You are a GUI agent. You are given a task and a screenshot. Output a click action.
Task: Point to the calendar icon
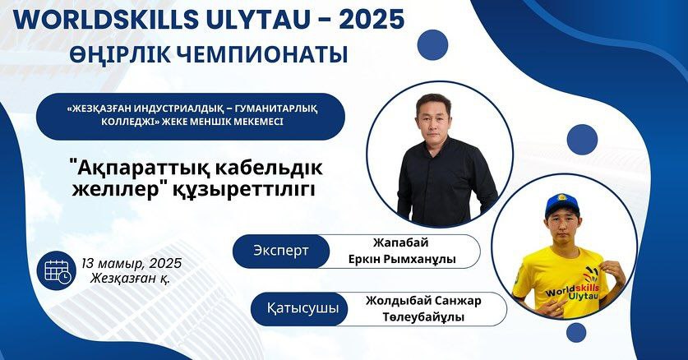pyautogui.click(x=57, y=270)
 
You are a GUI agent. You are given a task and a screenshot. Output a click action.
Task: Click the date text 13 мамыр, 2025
pyautogui.click(x=132, y=264)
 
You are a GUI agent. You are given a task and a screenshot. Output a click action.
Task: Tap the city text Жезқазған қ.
pyautogui.click(x=130, y=279)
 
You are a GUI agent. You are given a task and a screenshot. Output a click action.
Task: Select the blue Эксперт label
pyautogui.click(x=281, y=252)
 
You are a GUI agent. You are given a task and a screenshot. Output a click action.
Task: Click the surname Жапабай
pyautogui.click(x=400, y=243)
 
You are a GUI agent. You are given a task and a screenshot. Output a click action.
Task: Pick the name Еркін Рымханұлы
pyautogui.click(x=402, y=260)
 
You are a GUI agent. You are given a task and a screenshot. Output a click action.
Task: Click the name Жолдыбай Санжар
pyautogui.click(x=423, y=301)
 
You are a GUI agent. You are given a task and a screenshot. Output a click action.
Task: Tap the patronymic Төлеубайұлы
pyautogui.click(x=423, y=317)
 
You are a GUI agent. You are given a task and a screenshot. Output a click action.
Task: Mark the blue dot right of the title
pyautogui.click(x=432, y=44)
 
